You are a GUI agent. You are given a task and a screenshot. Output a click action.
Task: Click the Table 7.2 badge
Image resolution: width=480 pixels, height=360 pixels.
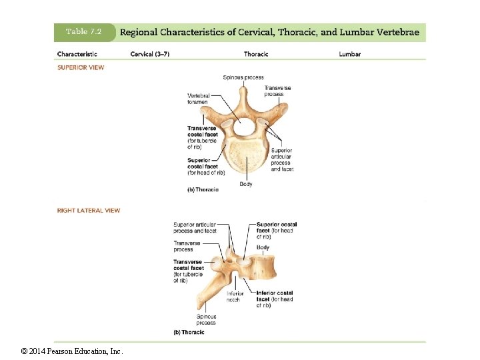[83, 31]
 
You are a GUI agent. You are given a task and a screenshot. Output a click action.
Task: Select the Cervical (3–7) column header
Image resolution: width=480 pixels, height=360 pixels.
[150, 54]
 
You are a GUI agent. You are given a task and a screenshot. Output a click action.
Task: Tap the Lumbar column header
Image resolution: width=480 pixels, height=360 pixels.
[349, 54]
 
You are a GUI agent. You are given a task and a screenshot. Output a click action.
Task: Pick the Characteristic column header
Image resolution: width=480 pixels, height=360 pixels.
[77, 54]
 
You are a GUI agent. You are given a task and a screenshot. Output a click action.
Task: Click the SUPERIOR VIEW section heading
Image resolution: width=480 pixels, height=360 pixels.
[81, 67]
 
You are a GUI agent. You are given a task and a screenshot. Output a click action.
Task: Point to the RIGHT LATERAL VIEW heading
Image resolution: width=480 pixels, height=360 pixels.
[89, 211]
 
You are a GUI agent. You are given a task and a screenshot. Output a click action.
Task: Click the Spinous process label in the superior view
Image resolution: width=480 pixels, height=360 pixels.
[243, 77]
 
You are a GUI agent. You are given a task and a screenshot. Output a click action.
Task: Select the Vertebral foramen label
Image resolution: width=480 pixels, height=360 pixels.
[198, 99]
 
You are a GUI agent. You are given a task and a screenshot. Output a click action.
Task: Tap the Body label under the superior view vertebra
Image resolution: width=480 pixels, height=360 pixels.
[246, 184]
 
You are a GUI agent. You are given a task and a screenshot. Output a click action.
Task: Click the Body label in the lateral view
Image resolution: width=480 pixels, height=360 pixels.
[263, 247]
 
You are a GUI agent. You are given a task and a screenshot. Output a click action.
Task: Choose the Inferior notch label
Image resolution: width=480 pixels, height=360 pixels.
[234, 297]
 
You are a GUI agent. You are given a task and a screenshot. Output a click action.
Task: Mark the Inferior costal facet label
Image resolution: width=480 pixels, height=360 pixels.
[275, 299]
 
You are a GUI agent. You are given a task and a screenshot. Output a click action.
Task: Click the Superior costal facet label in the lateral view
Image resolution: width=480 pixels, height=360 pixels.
[277, 230]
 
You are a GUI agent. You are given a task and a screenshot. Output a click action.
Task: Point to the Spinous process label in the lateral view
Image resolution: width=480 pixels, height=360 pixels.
[206, 320]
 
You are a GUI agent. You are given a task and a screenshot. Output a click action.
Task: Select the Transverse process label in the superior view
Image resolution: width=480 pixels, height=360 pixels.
[277, 91]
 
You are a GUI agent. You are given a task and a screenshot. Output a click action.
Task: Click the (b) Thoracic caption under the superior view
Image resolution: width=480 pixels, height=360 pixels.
[203, 190]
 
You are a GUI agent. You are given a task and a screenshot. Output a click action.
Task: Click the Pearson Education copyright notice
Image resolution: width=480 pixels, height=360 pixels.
[72, 351]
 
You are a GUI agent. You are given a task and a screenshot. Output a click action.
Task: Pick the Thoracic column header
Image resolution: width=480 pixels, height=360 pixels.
[256, 54]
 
